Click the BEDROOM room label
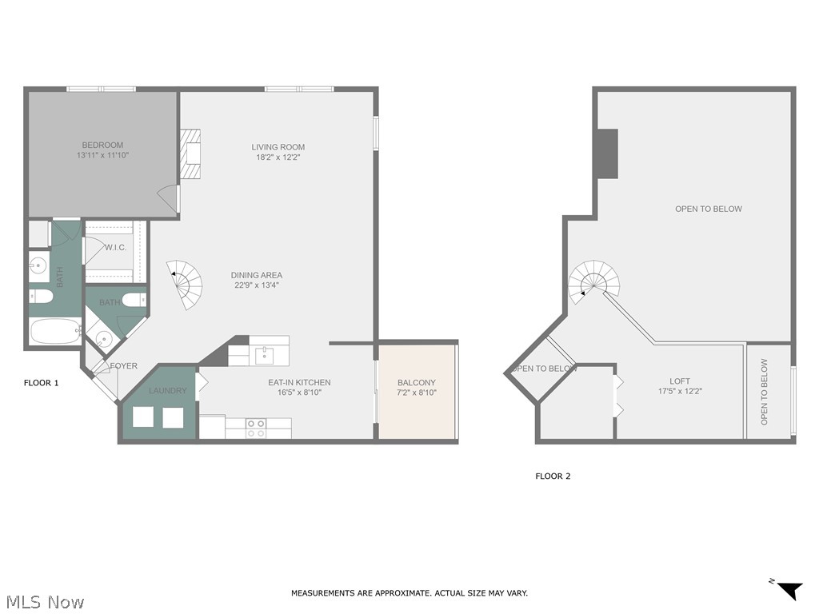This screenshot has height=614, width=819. click(x=102, y=145)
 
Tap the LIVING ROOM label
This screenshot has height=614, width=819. click(x=278, y=147)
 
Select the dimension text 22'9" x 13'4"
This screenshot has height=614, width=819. click(x=257, y=285)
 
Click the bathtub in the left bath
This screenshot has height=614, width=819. click(x=55, y=330)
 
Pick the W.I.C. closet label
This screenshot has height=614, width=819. click(x=115, y=248)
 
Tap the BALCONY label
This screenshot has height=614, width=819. click(x=416, y=383)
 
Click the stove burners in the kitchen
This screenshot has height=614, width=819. click(x=256, y=428)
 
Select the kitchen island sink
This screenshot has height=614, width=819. click(x=263, y=353)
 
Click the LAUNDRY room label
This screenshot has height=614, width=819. click(x=167, y=391)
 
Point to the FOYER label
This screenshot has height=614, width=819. click(x=124, y=366)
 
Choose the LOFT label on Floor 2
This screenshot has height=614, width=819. click(x=680, y=381)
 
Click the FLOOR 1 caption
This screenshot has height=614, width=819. click(x=42, y=383)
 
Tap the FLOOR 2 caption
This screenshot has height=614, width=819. click(x=553, y=476)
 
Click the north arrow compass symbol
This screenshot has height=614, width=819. click(x=789, y=590)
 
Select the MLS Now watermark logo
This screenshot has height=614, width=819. click(x=44, y=601)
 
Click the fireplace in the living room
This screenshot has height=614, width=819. click(x=190, y=154)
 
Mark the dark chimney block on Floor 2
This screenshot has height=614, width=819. click(x=608, y=153)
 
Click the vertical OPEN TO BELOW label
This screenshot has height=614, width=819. click(x=764, y=392)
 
